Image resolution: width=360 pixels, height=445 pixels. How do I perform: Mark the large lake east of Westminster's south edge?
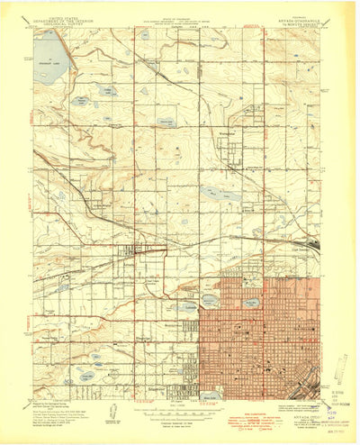220,192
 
